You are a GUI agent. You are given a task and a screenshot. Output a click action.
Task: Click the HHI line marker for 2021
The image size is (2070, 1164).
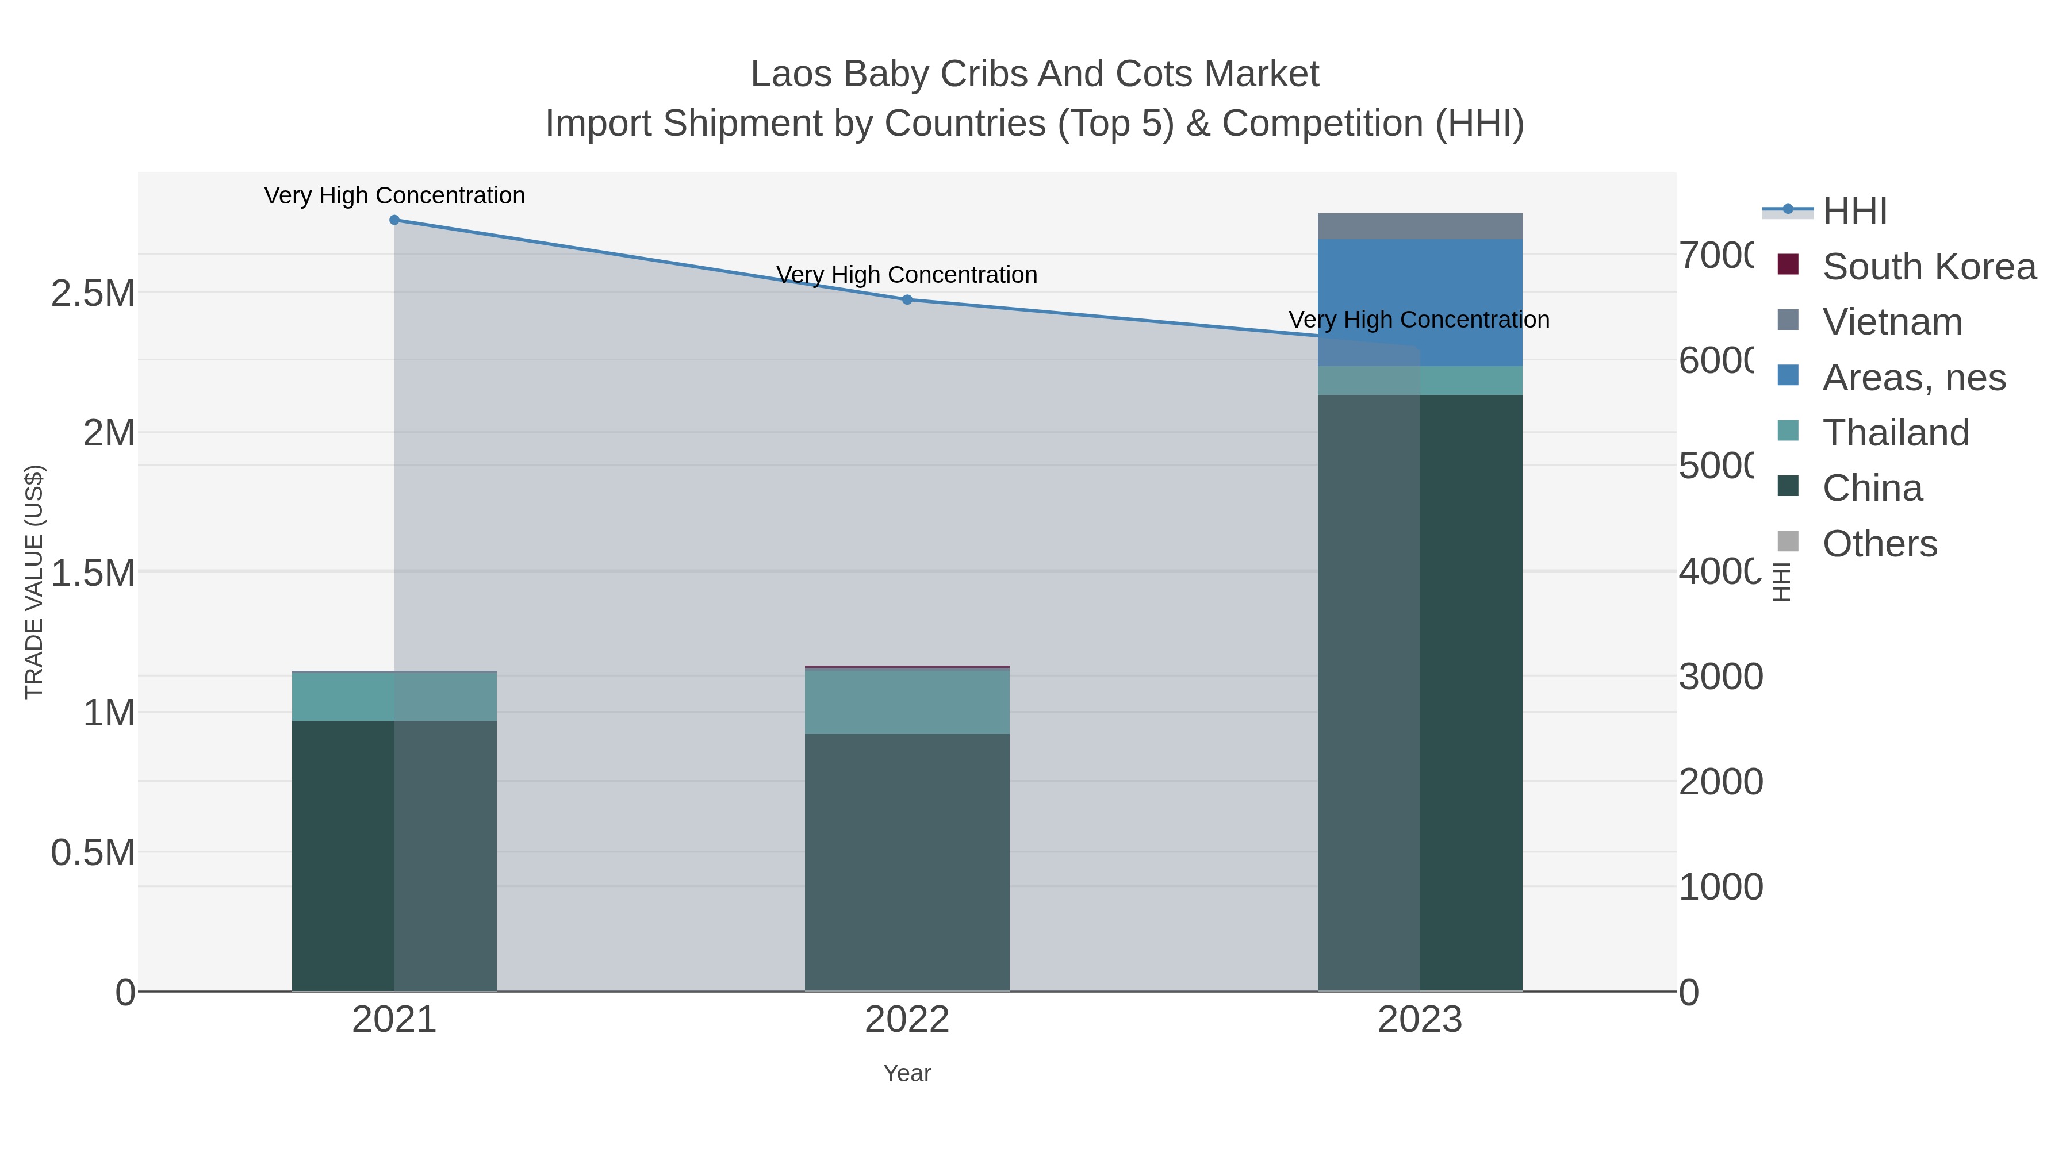pos(394,220)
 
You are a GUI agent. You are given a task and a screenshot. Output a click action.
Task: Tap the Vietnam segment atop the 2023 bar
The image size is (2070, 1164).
pos(1420,226)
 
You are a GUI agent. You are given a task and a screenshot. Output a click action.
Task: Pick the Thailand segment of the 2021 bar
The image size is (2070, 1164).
pos(394,697)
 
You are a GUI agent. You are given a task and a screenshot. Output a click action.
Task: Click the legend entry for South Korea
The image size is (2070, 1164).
pos(1929,267)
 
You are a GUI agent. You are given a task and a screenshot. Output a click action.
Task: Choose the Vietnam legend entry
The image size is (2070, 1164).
pos(1892,322)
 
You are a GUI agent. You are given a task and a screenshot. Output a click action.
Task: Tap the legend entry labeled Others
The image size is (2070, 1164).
pos(1879,544)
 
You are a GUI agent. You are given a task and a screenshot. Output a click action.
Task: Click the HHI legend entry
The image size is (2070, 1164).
pos(1854,212)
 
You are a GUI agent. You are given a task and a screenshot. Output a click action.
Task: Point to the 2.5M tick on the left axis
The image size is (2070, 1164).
pos(93,293)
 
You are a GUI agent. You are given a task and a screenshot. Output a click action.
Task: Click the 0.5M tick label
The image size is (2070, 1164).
pos(93,852)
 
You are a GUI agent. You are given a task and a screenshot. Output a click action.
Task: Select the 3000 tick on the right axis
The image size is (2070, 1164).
pos(1720,677)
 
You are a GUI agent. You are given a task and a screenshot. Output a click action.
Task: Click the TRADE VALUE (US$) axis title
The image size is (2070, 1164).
pos(34,582)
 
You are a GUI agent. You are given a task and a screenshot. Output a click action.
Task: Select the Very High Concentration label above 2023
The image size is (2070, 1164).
pos(1419,320)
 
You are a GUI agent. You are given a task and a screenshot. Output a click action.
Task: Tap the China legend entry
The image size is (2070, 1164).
pos(1872,489)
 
